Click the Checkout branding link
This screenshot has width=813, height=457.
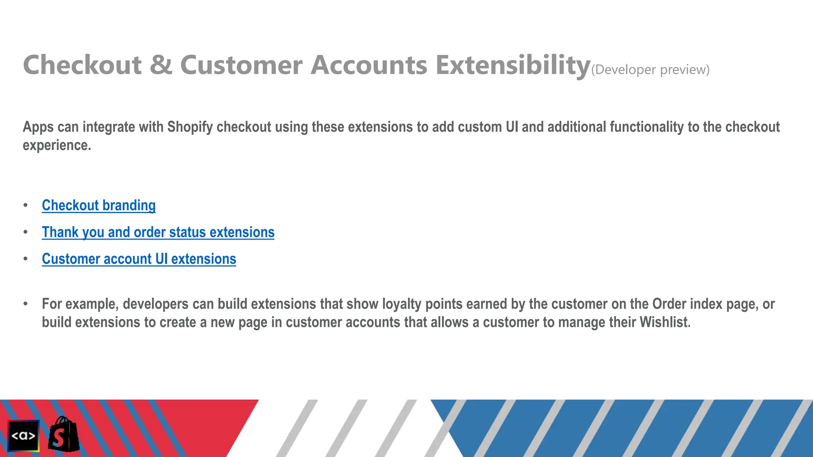pyautogui.click(x=98, y=205)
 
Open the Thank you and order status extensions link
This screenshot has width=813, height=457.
pyautogui.click(x=158, y=232)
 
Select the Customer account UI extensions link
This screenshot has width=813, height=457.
pyautogui.click(x=139, y=259)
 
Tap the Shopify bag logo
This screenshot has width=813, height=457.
pyautogui.click(x=64, y=435)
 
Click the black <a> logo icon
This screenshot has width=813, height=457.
pyautogui.click(x=23, y=436)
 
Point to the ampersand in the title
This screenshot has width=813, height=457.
pyautogui.click(x=161, y=65)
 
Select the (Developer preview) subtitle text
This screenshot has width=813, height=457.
pyautogui.click(x=650, y=70)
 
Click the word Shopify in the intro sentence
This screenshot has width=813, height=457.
pyautogui.click(x=190, y=127)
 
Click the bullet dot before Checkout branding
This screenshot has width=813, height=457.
pyautogui.click(x=26, y=205)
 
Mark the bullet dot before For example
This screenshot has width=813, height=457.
pyautogui.click(x=26, y=304)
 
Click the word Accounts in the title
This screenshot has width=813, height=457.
pyautogui.click(x=369, y=65)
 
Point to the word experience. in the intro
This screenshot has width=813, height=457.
pyautogui.click(x=57, y=145)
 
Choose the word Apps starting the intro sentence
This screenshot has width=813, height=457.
pyautogui.click(x=38, y=127)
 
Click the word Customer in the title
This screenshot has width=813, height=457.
pyautogui.click(x=241, y=65)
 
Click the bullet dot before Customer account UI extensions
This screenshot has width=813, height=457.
pyautogui.click(x=26, y=259)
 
